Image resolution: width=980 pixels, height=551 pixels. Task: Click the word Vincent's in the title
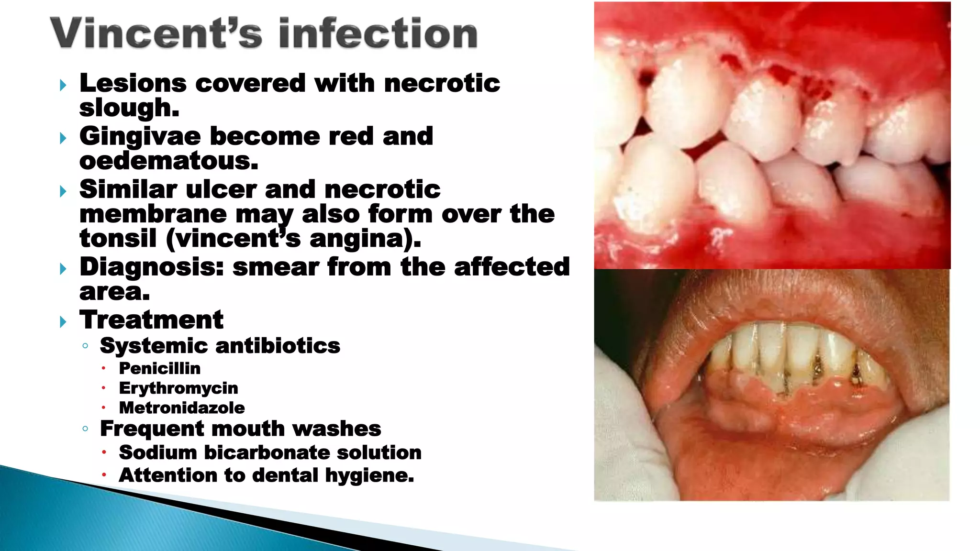156,33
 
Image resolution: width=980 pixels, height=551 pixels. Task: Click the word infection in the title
378,33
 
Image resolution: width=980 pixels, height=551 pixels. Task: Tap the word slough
129,108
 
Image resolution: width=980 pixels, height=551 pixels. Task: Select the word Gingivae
140,137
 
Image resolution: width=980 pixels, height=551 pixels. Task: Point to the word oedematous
168,161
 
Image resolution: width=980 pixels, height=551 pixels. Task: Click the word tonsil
118,238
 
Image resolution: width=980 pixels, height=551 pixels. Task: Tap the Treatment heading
152,320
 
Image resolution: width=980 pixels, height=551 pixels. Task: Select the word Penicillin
160,368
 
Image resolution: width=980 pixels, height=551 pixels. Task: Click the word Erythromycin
178,388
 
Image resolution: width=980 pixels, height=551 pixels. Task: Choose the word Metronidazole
182,408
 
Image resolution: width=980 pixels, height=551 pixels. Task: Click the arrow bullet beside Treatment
63,321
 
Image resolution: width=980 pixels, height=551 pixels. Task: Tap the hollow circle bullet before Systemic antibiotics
85,346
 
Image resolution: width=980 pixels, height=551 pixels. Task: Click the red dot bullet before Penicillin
103,368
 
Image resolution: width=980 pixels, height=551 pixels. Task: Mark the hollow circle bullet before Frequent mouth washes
85,429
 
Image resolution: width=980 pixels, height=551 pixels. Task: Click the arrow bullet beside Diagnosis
63,269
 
